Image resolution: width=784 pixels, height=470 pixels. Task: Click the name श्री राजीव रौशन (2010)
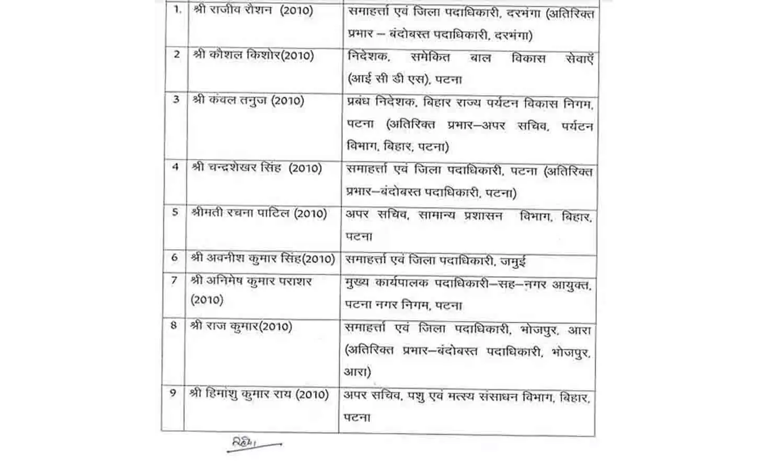(x=253, y=10)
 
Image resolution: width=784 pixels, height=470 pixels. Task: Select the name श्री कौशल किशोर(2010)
(x=253, y=55)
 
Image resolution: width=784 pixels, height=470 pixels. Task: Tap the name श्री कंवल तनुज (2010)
(x=248, y=100)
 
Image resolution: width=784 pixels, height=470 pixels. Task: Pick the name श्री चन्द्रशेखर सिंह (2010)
(x=256, y=168)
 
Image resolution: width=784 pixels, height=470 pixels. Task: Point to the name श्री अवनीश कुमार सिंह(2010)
(x=262, y=258)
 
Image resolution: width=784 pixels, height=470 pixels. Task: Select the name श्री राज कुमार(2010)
(x=241, y=326)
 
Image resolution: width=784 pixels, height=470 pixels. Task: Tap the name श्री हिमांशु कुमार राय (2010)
(x=259, y=394)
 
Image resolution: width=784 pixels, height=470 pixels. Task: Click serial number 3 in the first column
(x=176, y=99)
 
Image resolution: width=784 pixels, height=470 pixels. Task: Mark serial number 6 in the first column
(x=175, y=258)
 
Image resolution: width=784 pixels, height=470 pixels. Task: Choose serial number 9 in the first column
(x=174, y=393)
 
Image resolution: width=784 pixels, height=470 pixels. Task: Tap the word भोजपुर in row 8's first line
(x=539, y=331)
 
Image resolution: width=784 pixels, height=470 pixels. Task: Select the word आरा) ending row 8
(x=357, y=372)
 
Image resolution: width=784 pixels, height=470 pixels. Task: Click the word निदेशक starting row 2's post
(x=367, y=56)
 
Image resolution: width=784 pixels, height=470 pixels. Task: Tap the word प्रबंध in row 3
(x=361, y=103)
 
